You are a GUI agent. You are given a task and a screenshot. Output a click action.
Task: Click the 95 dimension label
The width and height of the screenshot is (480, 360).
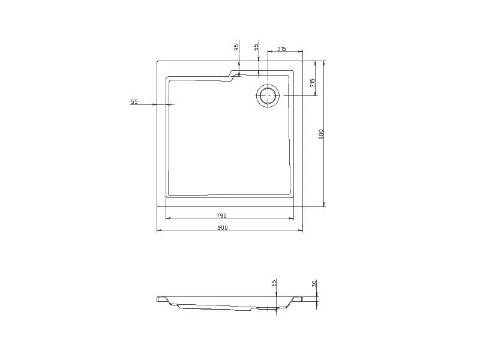236,47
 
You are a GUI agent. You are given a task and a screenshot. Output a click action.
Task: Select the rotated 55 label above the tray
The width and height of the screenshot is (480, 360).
256,47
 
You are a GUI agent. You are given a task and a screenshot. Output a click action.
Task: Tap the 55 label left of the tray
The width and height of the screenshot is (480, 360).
134,102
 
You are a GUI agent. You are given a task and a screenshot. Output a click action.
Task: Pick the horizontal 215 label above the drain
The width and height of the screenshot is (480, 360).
281,49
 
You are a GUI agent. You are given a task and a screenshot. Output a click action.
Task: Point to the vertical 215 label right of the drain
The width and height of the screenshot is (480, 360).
312,83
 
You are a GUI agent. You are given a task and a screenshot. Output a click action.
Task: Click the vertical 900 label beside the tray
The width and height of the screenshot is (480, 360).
321,134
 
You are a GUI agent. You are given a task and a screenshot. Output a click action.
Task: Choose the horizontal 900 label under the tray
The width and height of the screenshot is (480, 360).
223,227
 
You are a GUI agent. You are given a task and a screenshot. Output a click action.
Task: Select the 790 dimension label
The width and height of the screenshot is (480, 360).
221,215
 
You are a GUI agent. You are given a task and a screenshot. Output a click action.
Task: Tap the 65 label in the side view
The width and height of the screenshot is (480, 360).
274,282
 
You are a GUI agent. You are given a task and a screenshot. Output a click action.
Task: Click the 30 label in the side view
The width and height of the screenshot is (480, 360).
314,283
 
